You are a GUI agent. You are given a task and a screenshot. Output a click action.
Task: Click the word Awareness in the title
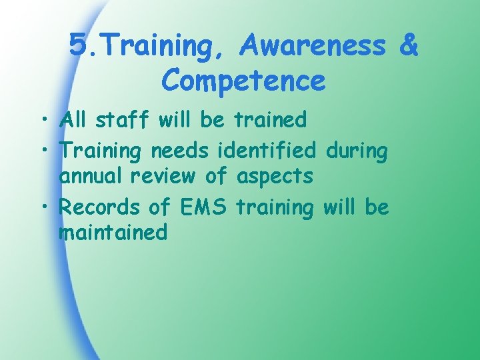[313, 46]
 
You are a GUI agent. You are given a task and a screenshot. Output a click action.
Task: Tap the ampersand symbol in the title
[407, 46]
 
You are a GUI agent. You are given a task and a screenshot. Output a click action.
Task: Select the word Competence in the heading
[243, 81]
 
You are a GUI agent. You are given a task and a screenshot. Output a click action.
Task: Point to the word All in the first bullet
[73, 120]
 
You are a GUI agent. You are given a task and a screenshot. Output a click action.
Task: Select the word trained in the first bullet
[270, 120]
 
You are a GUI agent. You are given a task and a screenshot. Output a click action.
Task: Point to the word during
[356, 152]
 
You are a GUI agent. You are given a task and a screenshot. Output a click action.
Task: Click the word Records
[100, 207]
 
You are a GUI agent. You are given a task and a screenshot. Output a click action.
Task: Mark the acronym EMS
[204, 207]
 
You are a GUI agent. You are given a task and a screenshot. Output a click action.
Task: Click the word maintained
[113, 233]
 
